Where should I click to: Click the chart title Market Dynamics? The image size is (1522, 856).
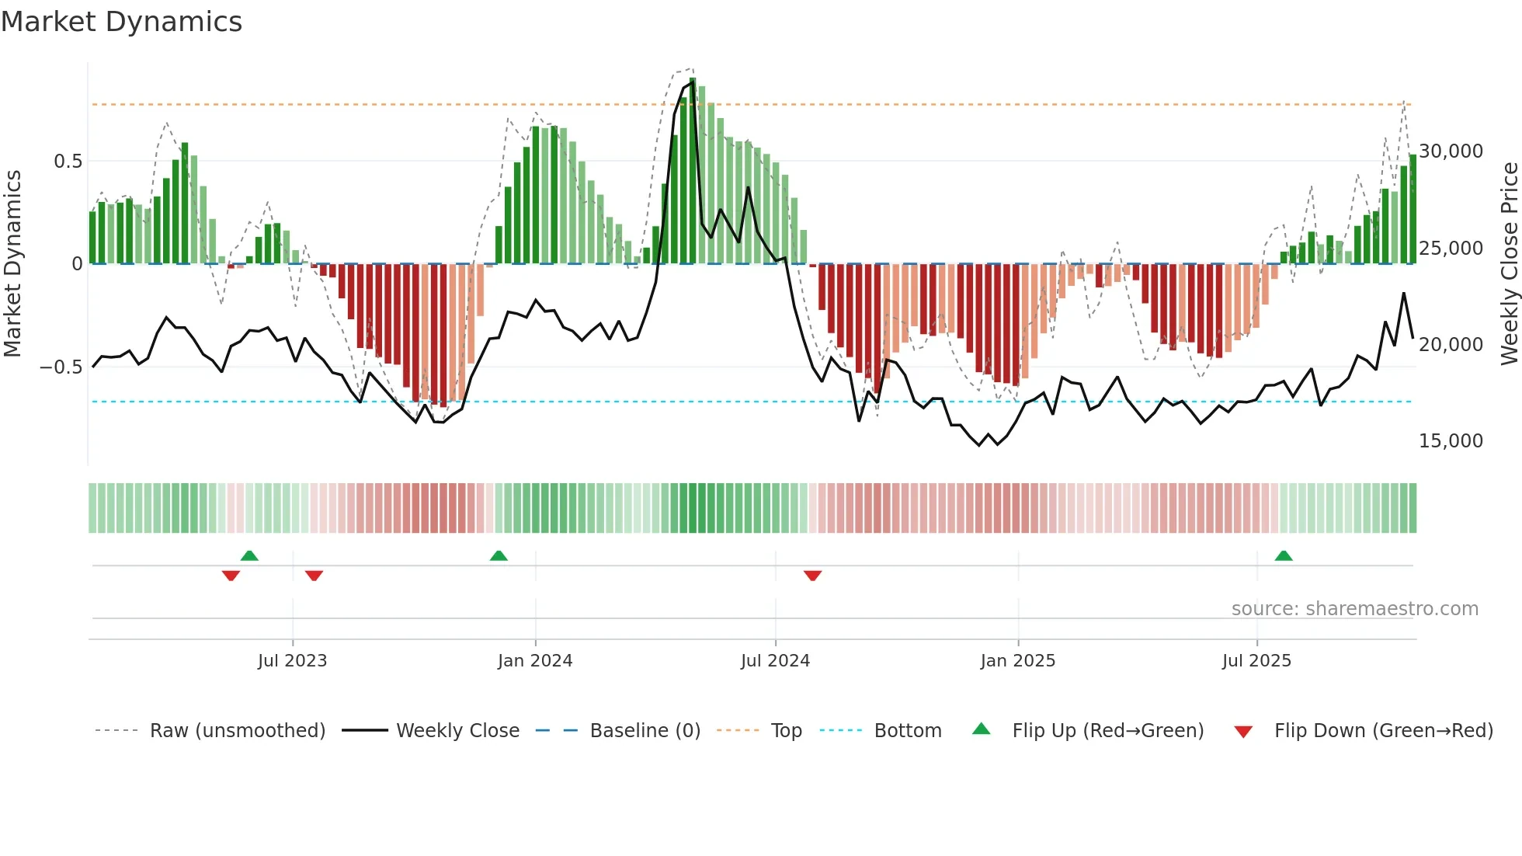click(x=121, y=22)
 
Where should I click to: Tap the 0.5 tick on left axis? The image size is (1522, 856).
click(x=68, y=162)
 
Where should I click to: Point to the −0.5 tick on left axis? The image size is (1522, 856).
click(x=61, y=367)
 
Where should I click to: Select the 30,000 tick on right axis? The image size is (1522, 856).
click(x=1451, y=151)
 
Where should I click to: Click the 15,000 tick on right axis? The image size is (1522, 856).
click(x=1451, y=441)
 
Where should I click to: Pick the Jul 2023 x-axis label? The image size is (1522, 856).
click(x=292, y=661)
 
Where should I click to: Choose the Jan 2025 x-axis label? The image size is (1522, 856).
click(x=1017, y=661)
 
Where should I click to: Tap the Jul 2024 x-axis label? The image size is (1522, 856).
click(x=775, y=661)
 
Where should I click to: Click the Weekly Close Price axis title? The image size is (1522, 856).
click(x=1509, y=263)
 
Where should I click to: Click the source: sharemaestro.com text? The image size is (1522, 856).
click(x=1354, y=609)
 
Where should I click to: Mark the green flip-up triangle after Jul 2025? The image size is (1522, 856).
click(x=1284, y=556)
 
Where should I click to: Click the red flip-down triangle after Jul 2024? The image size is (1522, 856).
click(x=812, y=575)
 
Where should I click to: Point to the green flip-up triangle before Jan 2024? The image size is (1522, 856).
click(x=499, y=556)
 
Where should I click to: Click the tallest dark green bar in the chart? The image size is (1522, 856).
click(x=693, y=171)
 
